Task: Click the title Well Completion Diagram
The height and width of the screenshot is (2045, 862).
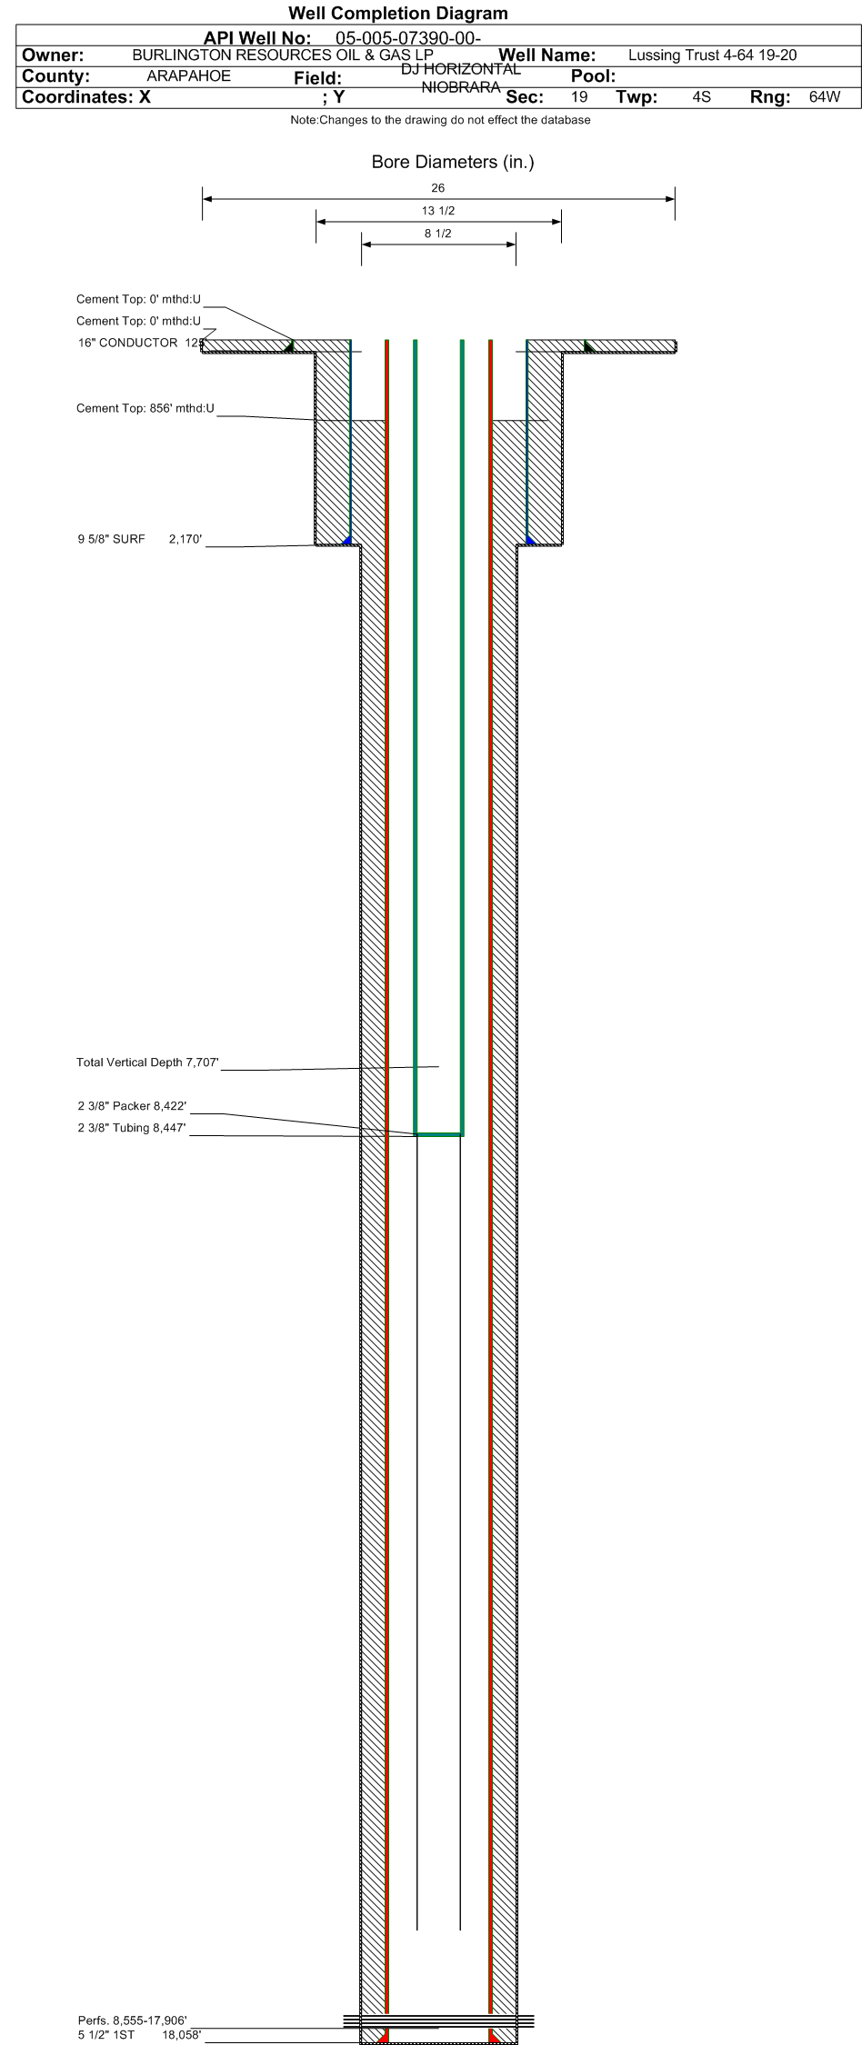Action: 397,14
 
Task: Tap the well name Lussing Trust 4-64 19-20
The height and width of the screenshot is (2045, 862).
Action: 712,55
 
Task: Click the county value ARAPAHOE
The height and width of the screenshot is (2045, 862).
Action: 188,76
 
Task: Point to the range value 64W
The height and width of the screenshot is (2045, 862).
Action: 825,96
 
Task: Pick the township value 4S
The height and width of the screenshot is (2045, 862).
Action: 701,96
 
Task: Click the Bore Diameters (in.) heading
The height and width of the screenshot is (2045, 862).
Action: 453,163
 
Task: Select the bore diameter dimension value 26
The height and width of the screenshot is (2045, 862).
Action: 438,188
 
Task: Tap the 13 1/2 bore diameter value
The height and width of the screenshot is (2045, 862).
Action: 438,211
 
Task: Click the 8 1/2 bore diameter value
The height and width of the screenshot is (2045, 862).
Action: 438,234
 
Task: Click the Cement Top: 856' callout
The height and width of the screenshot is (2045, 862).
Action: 145,408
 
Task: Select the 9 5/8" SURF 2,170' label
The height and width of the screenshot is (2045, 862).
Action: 140,539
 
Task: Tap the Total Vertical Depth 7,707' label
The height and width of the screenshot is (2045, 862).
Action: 148,1062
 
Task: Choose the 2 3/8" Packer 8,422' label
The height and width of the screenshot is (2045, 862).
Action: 132,1106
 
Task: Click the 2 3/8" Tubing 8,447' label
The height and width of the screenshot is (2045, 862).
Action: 132,1128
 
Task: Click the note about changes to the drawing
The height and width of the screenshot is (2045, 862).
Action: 440,120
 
